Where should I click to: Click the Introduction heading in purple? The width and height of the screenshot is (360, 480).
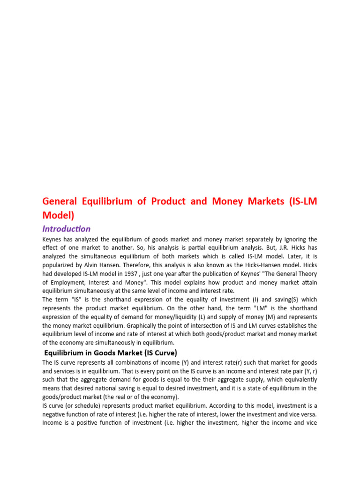[67, 229]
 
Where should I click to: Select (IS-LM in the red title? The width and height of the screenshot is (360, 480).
[305, 202]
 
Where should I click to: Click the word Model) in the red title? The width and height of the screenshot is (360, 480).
[59, 215]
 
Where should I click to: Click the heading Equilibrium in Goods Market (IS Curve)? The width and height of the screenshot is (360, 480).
[110, 352]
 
